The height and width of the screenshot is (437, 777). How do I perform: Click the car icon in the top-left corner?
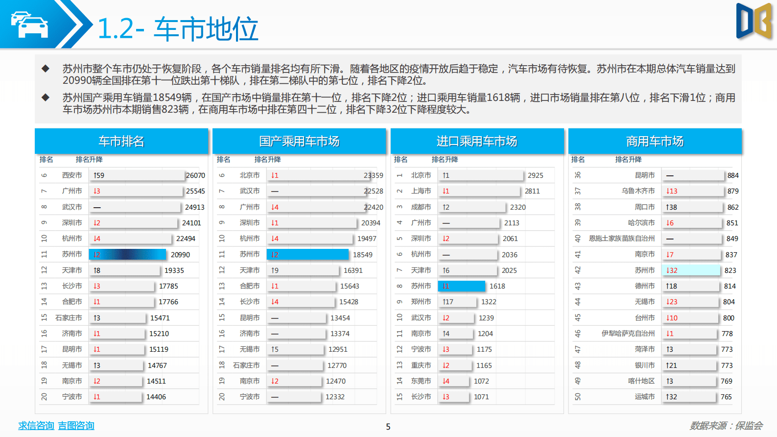click(29, 24)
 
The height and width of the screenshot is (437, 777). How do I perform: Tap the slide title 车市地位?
click(206, 28)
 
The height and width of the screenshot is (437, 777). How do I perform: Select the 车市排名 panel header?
click(121, 142)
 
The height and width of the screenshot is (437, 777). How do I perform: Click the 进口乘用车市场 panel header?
click(477, 142)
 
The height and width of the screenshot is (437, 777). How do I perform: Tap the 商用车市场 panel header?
click(655, 142)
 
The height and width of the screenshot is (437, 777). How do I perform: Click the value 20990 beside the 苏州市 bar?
click(180, 255)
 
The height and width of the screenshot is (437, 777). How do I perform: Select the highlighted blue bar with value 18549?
click(307, 255)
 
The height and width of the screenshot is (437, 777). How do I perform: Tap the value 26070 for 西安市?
click(195, 175)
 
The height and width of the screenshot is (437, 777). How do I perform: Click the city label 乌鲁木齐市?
click(638, 191)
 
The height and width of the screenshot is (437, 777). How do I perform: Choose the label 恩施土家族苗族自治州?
click(621, 239)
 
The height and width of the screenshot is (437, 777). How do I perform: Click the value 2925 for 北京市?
click(535, 175)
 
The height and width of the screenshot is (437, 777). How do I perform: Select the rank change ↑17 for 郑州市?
click(447, 302)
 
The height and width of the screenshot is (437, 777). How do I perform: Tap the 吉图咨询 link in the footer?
click(76, 426)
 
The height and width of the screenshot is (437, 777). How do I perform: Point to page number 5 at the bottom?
click(388, 427)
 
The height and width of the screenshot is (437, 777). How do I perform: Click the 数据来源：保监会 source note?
click(726, 426)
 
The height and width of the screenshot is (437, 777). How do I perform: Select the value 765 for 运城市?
click(726, 397)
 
